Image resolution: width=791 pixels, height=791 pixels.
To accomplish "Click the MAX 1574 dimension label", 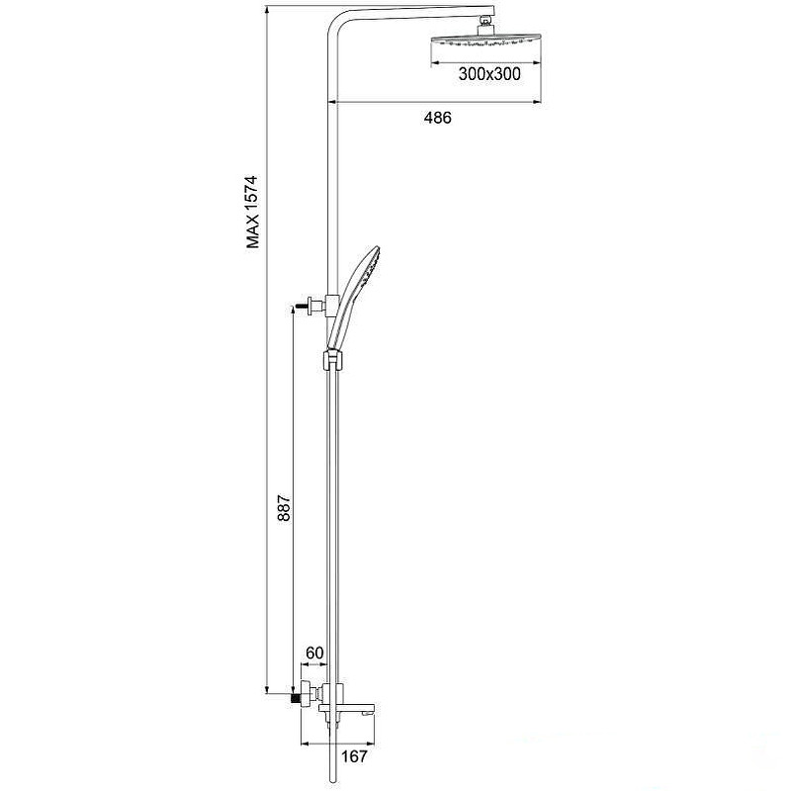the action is click(252, 212).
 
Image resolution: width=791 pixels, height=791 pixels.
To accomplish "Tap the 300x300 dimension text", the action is click(489, 74).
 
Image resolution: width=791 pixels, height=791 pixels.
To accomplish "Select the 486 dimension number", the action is click(437, 118).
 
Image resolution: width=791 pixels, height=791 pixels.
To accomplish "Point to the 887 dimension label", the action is click(284, 507).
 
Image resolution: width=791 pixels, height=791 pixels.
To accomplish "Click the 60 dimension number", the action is click(314, 653).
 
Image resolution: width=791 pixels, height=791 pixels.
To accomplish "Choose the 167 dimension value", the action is click(354, 756).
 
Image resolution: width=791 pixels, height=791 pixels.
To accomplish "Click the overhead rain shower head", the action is click(485, 41).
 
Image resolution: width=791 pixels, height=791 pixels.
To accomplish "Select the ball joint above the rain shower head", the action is click(485, 21).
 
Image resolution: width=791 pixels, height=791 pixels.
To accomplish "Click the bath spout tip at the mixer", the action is click(371, 711).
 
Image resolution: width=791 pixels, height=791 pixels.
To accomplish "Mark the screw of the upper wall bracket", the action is click(302, 306).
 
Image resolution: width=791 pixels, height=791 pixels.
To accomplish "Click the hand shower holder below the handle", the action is click(333, 360).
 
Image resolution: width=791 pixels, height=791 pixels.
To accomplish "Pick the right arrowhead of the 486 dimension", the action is click(537, 102).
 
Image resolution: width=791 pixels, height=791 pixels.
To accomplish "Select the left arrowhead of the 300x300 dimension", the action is click(435, 63).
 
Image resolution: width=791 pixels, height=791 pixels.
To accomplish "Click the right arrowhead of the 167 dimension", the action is click(371, 743).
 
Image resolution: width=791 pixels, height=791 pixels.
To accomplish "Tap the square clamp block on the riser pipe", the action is click(333, 306).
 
